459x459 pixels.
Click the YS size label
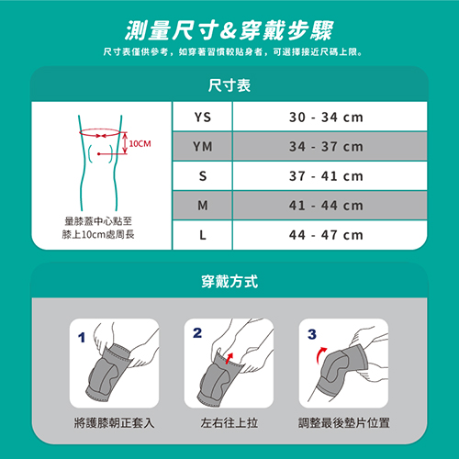[203, 118]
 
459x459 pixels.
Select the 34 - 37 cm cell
[326, 147]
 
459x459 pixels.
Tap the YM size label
[203, 147]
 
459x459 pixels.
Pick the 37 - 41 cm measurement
[326, 176]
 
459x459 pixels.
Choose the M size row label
[203, 206]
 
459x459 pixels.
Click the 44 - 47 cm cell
[326, 235]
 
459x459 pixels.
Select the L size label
[203, 235]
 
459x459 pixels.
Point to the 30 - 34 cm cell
[326, 118]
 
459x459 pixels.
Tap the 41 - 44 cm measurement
[326, 206]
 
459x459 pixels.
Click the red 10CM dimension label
[140, 143]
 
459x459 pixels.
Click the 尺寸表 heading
[229, 85]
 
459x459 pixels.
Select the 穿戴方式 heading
[229, 282]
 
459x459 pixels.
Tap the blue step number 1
[82, 338]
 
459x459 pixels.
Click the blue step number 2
[197, 333]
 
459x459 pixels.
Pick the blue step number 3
[312, 334]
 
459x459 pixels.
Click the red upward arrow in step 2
[229, 358]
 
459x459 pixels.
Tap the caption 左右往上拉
[229, 423]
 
